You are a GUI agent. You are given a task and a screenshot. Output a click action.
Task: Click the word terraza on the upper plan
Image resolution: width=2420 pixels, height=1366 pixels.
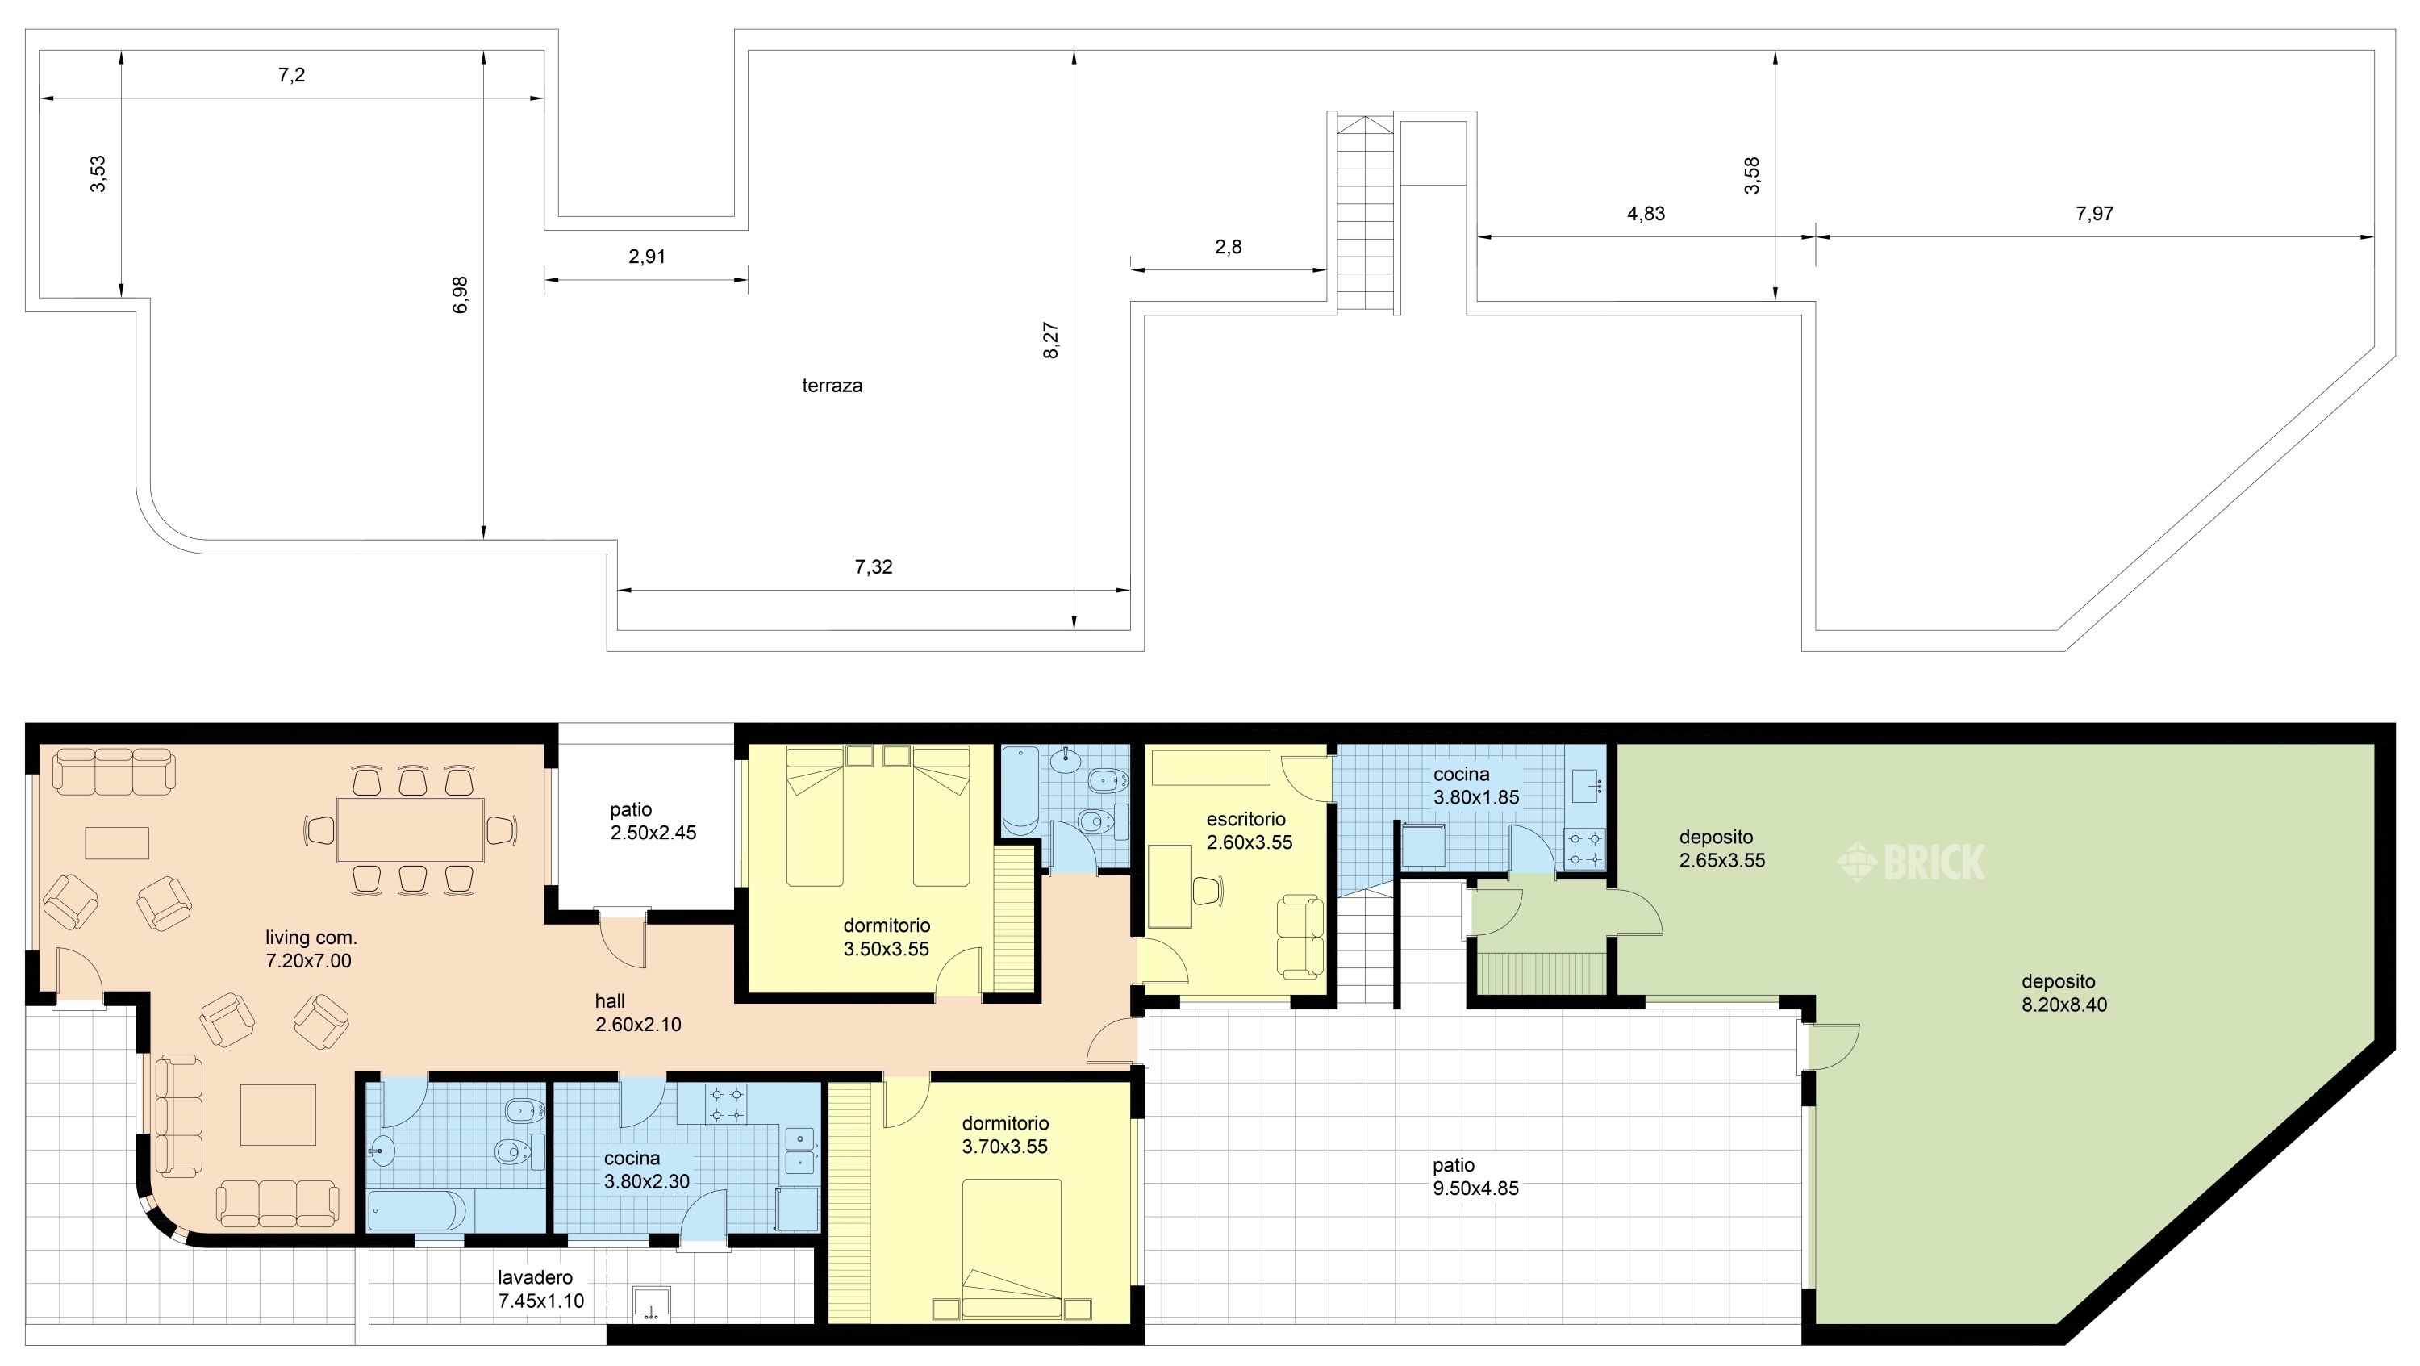coord(832,385)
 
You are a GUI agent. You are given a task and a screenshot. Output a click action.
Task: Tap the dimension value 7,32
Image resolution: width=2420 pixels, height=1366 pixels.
coord(874,566)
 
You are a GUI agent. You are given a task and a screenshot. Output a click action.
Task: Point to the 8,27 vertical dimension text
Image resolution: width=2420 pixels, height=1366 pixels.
coord(1051,340)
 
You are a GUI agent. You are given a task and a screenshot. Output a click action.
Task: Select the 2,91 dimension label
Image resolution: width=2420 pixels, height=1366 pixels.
coord(647,257)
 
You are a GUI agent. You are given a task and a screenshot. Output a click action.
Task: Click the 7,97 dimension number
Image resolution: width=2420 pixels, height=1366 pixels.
coord(2095,213)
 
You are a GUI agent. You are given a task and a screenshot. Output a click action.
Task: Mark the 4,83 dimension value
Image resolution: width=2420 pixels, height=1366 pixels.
coord(1646,213)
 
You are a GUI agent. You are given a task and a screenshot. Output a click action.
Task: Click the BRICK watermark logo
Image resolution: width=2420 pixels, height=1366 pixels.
coord(1911,862)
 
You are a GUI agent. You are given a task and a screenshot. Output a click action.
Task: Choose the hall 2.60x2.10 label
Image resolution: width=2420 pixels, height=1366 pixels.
coord(638,1013)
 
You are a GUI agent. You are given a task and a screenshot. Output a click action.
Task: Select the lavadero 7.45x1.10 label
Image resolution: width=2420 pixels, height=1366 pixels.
coord(541,1289)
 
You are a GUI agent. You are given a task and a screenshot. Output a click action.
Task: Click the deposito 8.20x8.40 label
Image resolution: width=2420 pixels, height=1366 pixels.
coord(2064,993)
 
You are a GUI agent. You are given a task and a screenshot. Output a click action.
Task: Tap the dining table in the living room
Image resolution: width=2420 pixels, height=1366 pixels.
coord(411,829)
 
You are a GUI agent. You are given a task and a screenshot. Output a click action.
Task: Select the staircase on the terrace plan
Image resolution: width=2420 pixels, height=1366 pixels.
coord(1365,214)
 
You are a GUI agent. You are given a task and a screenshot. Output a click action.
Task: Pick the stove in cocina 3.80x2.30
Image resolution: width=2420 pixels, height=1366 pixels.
coord(726,1104)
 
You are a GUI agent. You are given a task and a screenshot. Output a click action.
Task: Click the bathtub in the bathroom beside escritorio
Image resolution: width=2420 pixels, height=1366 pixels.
coord(1020,790)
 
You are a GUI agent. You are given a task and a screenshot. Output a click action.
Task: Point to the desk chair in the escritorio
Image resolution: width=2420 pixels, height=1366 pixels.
coord(1208,890)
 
